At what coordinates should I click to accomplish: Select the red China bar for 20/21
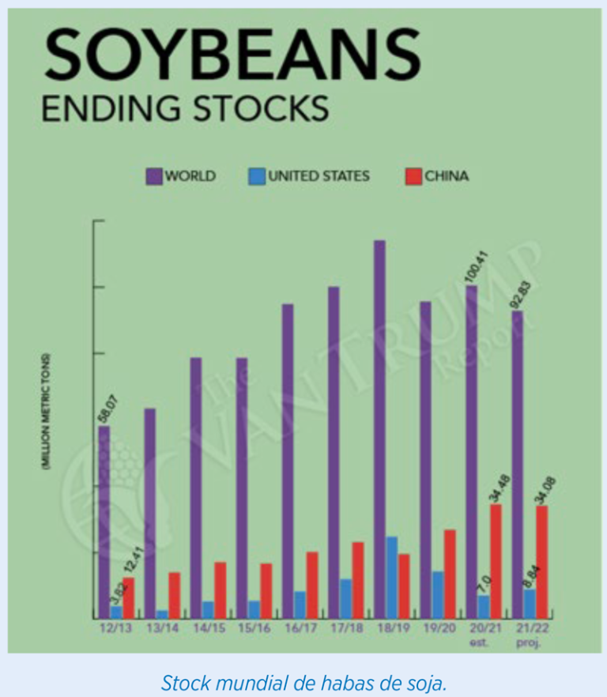496,561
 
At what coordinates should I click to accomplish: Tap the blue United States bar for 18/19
391,577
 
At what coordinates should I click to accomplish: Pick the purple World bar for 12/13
104,522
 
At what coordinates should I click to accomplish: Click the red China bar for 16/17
312,585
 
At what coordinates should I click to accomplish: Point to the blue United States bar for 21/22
530,604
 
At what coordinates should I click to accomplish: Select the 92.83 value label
520,292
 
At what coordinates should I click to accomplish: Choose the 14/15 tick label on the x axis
208,629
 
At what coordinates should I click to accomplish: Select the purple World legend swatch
154,175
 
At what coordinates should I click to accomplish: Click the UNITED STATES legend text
319,175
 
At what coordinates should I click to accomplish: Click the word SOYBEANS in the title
230,56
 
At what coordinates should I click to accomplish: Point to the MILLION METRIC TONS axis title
47,411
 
